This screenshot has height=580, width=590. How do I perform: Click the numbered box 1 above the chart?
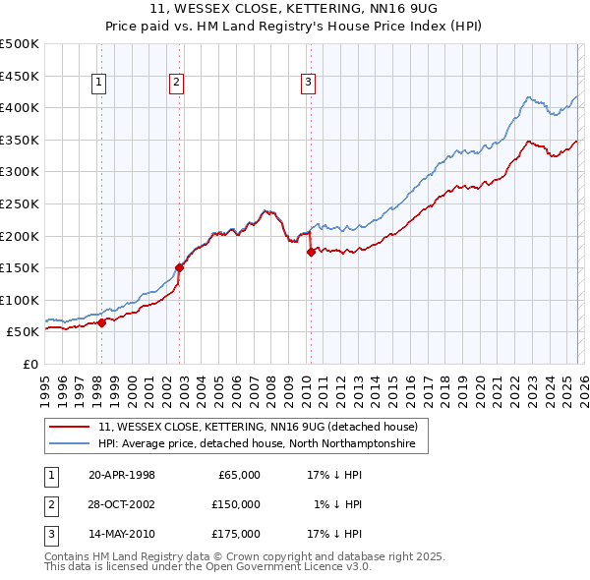(101, 84)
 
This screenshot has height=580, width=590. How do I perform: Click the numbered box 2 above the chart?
(176, 84)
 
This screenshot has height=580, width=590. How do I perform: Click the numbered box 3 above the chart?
(308, 84)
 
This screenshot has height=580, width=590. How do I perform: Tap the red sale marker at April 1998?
(101, 322)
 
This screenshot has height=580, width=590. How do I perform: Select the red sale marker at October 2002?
(179, 266)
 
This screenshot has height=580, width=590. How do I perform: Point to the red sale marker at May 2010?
(311, 252)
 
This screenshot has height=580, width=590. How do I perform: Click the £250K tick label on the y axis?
(20, 203)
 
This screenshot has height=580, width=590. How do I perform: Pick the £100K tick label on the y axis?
(20, 300)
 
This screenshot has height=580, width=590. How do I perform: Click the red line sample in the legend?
(69, 427)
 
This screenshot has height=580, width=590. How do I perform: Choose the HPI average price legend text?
(258, 444)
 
